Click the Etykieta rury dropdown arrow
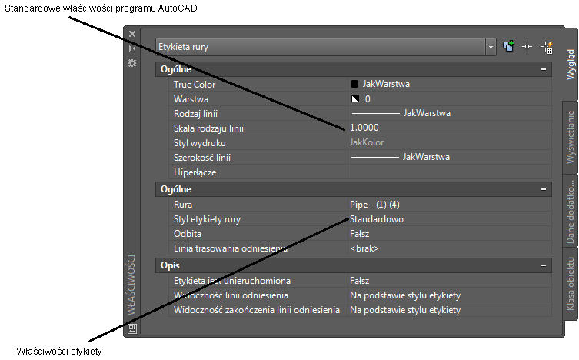(491, 47)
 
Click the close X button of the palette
(132, 34)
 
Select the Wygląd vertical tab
(571, 65)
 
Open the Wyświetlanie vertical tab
(571, 137)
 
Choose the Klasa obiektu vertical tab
(571, 284)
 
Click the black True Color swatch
(354, 84)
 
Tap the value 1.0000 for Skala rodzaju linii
(364, 128)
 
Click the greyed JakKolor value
(367, 142)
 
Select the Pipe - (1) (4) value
(374, 205)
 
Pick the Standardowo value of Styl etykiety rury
(376, 219)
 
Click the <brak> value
(364, 248)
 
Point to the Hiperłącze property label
(195, 172)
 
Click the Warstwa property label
(191, 99)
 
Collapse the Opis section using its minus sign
(544, 265)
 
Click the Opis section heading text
(170, 265)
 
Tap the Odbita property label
(188, 234)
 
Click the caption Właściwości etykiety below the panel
(59, 351)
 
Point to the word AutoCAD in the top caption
(178, 8)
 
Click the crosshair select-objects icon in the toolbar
(527, 47)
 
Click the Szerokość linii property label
(202, 158)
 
